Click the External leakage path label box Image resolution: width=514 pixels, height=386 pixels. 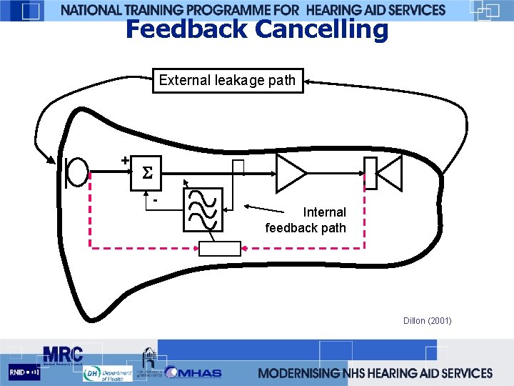pos(228,81)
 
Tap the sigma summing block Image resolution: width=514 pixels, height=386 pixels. pos(147,174)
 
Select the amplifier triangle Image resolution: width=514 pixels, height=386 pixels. pos(290,173)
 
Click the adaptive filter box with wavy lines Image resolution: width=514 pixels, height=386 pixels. pos(203,210)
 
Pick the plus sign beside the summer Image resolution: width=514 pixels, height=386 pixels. pos(125,161)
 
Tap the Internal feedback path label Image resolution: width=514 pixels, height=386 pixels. pos(307,220)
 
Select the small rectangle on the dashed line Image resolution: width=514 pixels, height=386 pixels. pos(220,248)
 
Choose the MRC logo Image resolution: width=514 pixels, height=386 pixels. pos(62,355)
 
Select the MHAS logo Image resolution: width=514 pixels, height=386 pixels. pos(194,372)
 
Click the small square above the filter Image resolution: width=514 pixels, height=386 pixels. pos(238,167)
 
